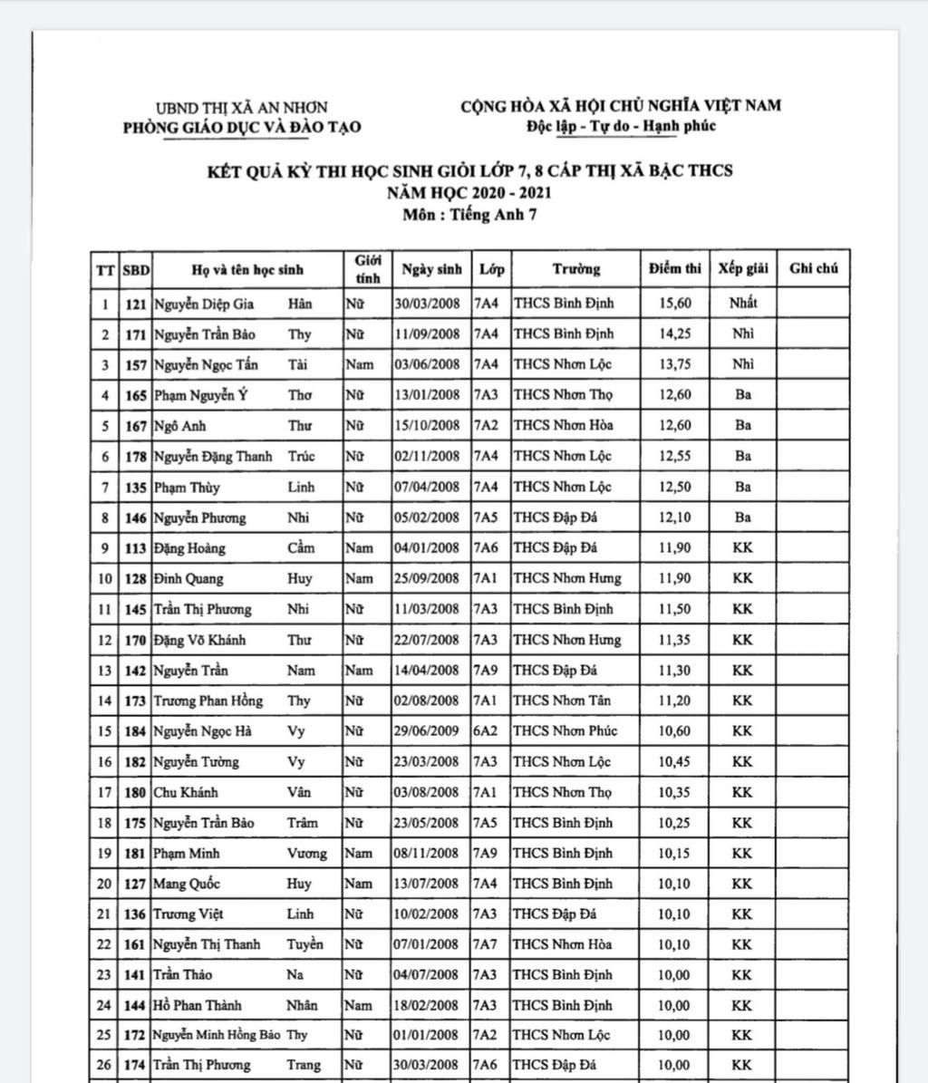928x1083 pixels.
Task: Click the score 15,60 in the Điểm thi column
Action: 674,304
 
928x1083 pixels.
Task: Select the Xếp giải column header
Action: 743,268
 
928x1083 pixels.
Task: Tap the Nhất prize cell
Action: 743,304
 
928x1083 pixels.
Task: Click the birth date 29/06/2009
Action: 428,731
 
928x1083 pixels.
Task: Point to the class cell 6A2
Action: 486,731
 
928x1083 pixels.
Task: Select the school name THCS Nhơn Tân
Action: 562,701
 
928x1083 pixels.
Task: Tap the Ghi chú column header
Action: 814,268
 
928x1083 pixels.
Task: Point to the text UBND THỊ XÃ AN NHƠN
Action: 242,107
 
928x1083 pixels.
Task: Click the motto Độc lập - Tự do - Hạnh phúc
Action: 622,126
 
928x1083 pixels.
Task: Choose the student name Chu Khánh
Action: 186,792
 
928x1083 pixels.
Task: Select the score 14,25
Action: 674,334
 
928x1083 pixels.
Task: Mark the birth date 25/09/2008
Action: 428,578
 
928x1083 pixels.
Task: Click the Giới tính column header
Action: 367,269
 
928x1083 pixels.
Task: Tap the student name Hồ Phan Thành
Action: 198,1005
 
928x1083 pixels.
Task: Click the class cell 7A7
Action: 486,944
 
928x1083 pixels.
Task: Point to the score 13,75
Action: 674,364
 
